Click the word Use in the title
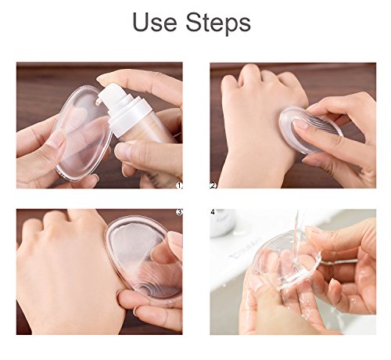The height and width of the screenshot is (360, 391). (x=155, y=23)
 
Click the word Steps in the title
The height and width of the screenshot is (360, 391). (x=218, y=24)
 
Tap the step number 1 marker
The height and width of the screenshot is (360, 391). (x=179, y=185)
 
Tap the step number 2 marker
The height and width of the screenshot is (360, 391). (x=213, y=185)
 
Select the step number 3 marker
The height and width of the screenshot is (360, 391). (x=179, y=212)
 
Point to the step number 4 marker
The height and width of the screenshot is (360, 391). (x=213, y=212)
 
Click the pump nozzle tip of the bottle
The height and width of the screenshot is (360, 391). (x=98, y=103)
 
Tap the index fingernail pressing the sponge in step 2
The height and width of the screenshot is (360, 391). (x=300, y=124)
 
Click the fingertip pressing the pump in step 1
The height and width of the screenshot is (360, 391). (x=104, y=77)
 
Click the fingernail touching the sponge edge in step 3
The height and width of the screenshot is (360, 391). (x=174, y=238)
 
